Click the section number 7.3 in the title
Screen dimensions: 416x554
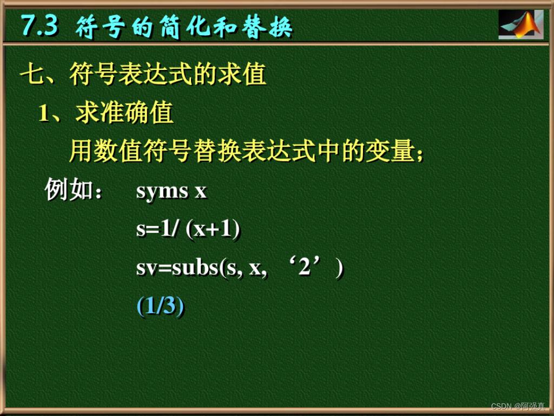coord(39,26)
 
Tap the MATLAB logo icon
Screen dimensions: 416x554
coord(520,24)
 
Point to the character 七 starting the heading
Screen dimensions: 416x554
coord(32,75)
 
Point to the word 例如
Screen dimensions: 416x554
coord(68,191)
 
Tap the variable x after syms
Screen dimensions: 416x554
coord(200,192)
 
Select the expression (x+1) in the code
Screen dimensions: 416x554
coord(213,230)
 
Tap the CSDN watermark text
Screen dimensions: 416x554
coord(502,406)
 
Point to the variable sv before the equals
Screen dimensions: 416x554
coord(146,269)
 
